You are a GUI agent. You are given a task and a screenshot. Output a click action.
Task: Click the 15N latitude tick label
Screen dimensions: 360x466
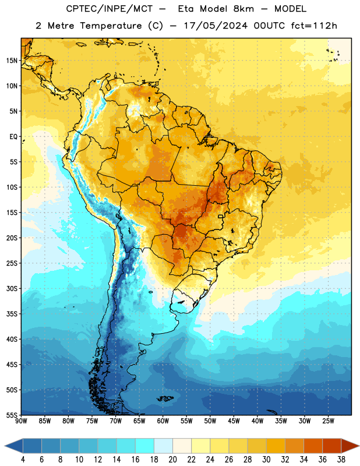coord(12,61)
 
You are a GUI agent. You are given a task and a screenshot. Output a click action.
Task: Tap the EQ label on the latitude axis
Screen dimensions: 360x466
coord(13,137)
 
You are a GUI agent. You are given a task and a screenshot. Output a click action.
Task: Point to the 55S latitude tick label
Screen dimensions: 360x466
coord(12,415)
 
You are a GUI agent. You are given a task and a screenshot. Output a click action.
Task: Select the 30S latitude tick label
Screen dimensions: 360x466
coord(12,288)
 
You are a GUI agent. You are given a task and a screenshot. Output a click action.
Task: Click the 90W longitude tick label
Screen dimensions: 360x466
coord(22,421)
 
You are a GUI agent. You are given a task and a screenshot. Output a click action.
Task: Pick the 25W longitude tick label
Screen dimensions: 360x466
coord(328,421)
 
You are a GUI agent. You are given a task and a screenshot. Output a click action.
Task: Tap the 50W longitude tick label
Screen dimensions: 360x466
coord(210,421)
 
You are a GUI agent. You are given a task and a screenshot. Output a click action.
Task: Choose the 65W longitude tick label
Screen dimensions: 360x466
coord(139,421)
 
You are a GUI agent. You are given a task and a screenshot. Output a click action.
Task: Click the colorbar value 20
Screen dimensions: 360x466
coord(172,460)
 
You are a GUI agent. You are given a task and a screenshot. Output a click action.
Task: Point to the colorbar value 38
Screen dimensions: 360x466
coord(341,460)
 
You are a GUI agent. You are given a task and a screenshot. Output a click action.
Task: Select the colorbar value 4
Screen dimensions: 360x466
coord(23,460)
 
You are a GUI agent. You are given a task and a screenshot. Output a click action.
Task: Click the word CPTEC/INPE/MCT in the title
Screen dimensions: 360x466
coord(110,9)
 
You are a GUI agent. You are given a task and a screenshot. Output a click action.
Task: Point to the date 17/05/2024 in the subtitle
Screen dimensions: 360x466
coord(216,26)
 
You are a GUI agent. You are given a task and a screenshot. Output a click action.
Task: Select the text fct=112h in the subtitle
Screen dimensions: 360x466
coord(314,26)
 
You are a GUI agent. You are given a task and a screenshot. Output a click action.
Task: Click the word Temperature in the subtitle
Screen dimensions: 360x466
coord(111,26)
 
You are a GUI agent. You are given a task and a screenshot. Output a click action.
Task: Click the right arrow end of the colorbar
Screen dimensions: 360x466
coord(351,446)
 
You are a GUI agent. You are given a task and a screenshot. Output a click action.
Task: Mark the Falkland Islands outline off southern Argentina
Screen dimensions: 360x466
coord(165,398)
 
